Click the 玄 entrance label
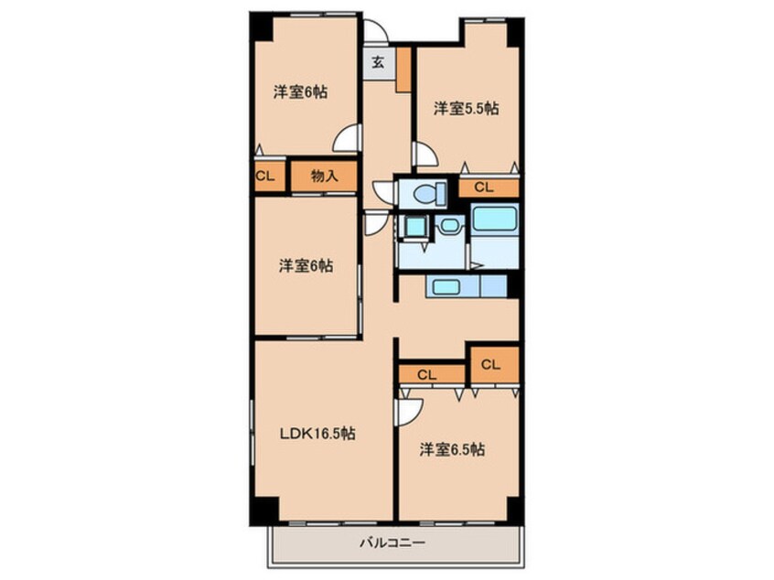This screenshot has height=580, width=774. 378,63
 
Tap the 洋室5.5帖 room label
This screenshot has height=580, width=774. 466,108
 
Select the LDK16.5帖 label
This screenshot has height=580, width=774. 317,434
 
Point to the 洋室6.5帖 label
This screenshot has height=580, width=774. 452,450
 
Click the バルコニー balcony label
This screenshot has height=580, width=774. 392,543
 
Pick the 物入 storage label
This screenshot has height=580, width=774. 324,176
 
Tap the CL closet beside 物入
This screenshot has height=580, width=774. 270,176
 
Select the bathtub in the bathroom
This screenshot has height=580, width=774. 495,219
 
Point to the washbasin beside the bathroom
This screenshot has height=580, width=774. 450,227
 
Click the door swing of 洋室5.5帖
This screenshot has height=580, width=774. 425,154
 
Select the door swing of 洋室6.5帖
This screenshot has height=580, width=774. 410,412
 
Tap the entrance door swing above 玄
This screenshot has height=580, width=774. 376,31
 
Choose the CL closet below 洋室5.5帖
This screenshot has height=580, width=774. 489,188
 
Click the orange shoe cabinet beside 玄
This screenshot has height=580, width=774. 403,70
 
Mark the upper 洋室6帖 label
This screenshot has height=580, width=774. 301,92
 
